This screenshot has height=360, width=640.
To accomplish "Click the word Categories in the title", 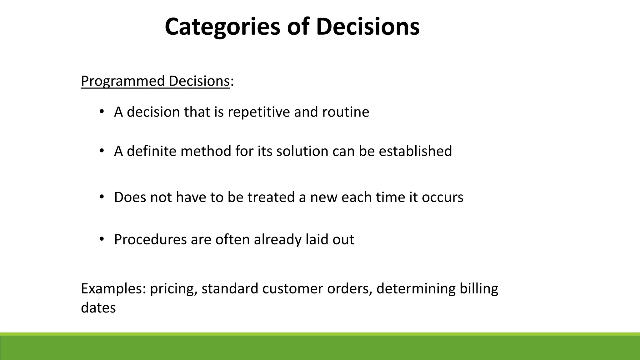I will click(x=222, y=27).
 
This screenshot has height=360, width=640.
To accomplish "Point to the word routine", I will click(x=345, y=112).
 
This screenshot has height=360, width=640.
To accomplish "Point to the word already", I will click(x=277, y=240).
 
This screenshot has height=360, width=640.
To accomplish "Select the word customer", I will click(x=292, y=288).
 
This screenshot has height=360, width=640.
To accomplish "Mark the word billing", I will click(x=478, y=288).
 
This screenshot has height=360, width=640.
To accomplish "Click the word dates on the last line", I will click(x=98, y=308).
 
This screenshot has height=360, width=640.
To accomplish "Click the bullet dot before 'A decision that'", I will click(x=101, y=112).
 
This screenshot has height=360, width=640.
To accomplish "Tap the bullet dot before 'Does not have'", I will click(x=101, y=197).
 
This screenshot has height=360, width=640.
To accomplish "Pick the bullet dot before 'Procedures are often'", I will click(x=101, y=239).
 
